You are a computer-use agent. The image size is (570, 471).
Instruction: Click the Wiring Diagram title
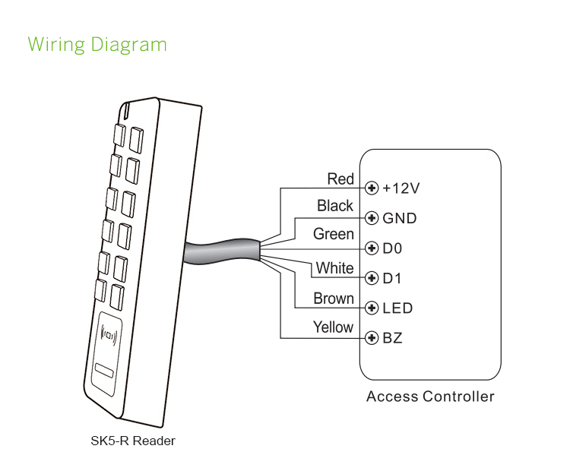[97, 44]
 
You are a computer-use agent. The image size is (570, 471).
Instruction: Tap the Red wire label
[340, 179]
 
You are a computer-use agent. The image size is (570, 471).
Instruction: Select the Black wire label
[335, 206]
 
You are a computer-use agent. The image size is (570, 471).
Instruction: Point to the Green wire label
[334, 234]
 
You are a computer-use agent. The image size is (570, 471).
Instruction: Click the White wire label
[335, 268]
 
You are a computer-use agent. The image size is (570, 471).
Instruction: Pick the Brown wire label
[334, 299]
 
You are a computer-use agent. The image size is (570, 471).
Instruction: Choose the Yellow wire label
[334, 327]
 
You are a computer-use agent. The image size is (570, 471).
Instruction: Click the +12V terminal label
[401, 188]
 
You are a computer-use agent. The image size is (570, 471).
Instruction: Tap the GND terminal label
[400, 219]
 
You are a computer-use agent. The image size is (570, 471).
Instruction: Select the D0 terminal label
[392, 248]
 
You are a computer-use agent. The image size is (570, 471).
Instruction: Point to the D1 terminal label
[392, 278]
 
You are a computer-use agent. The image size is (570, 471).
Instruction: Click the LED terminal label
[398, 308]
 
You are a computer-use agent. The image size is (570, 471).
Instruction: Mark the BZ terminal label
[393, 337]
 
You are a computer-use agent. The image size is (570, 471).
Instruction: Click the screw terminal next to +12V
[372, 188]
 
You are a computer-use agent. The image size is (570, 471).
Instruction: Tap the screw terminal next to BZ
[372, 337]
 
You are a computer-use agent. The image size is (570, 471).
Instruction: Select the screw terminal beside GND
[372, 219]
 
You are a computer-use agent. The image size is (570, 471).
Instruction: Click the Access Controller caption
[430, 397]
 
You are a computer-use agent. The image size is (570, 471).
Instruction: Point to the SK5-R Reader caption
[133, 441]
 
